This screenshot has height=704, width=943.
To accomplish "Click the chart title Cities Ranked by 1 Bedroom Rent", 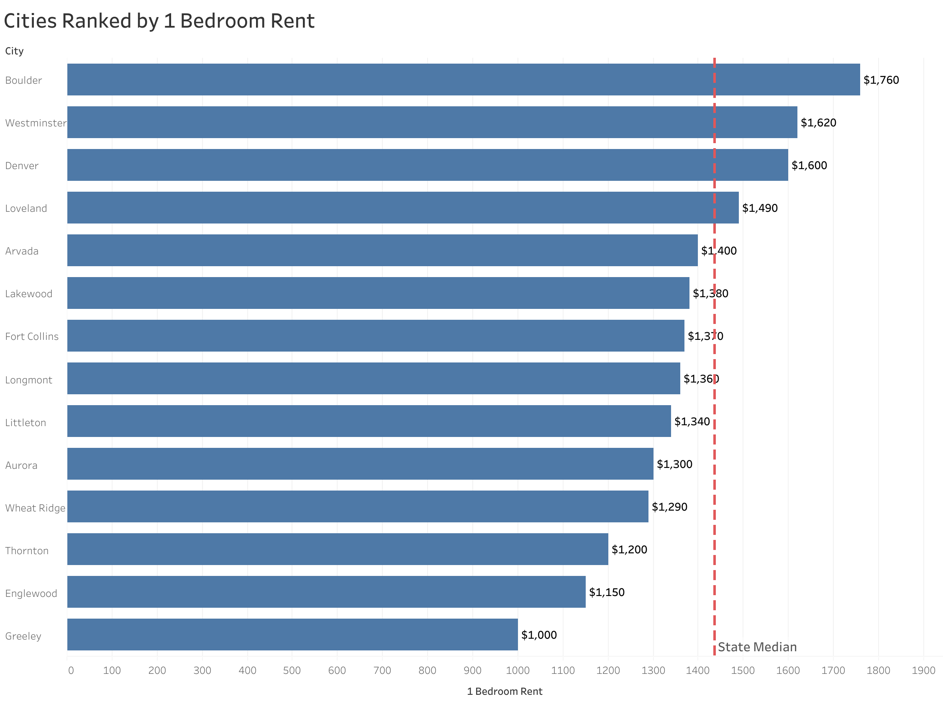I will pyautogui.click(x=159, y=21).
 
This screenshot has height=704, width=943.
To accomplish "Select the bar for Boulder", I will pyautogui.click(x=463, y=80).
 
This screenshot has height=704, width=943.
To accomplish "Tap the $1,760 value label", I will pyautogui.click(x=881, y=80).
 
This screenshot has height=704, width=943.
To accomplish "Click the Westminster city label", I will pyautogui.click(x=35, y=123).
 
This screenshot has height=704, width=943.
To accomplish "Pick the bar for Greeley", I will pyautogui.click(x=292, y=634).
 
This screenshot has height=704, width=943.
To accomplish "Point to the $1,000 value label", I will pyautogui.click(x=539, y=635).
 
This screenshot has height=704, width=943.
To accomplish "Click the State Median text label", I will pyautogui.click(x=757, y=647).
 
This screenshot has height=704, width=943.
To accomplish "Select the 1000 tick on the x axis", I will pyautogui.click(x=518, y=671).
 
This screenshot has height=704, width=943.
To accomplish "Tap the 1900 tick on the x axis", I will pyautogui.click(x=923, y=671).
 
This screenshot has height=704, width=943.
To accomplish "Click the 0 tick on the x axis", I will pyautogui.click(x=71, y=671).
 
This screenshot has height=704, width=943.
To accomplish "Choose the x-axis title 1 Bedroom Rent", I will pyautogui.click(x=504, y=691).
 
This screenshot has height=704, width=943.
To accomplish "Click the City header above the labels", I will pyautogui.click(x=14, y=51).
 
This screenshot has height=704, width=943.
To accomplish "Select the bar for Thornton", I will pyautogui.click(x=337, y=549).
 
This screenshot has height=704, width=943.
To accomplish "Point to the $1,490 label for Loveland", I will pyautogui.click(x=759, y=208).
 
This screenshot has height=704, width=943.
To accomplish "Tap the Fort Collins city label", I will pyautogui.click(x=32, y=337).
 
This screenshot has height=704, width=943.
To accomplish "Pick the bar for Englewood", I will pyautogui.click(x=326, y=591).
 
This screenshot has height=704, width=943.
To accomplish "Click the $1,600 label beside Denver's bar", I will pyautogui.click(x=809, y=165).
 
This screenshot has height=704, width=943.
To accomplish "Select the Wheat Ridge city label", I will pyautogui.click(x=35, y=508).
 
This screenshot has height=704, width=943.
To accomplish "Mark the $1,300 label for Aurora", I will pyautogui.click(x=674, y=464).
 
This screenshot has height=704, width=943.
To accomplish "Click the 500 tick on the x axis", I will pyautogui.click(x=292, y=671).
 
